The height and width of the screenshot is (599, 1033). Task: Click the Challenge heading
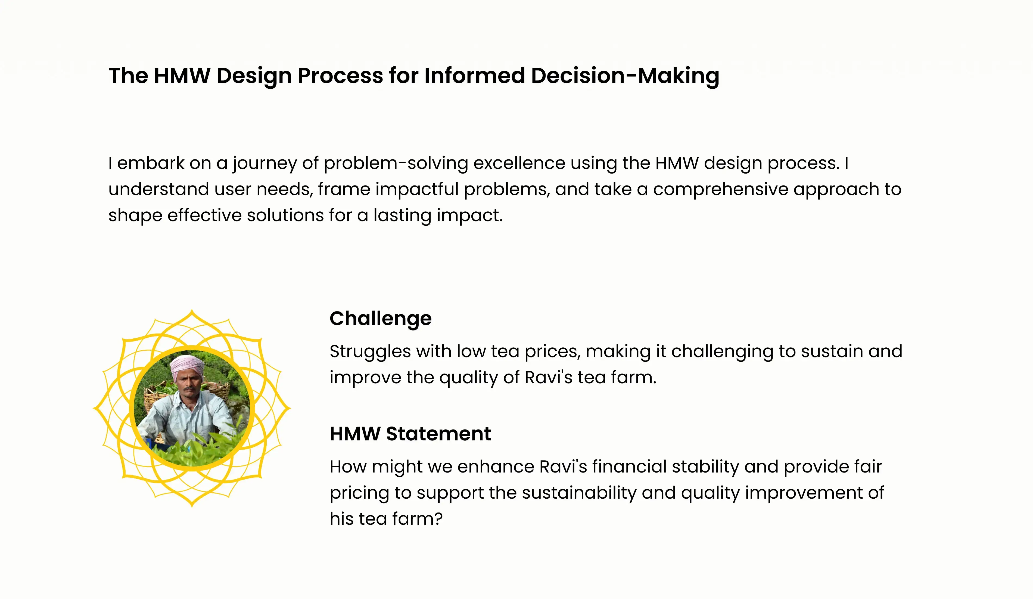point(380,319)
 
